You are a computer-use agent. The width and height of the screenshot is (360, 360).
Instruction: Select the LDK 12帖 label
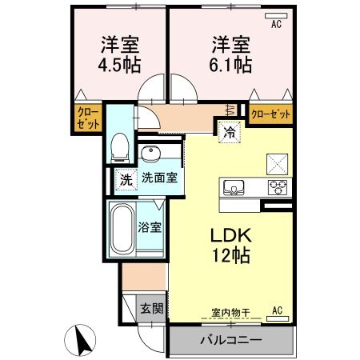click(232, 246)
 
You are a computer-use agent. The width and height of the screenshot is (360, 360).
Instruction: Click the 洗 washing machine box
click(126, 179)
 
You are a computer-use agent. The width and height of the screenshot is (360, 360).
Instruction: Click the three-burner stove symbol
click(278, 188)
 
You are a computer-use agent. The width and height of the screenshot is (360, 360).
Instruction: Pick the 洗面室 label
click(160, 179)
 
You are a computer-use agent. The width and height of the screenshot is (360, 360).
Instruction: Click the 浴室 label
click(151, 226)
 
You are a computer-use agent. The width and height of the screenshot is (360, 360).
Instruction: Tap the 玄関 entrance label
click(152, 306)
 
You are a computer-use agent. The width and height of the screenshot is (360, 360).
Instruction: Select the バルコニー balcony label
click(231, 340)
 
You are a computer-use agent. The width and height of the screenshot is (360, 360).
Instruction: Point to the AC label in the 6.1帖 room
click(277, 24)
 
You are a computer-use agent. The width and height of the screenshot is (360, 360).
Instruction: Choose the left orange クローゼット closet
click(89, 119)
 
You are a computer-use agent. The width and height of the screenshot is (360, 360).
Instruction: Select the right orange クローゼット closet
click(270, 115)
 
